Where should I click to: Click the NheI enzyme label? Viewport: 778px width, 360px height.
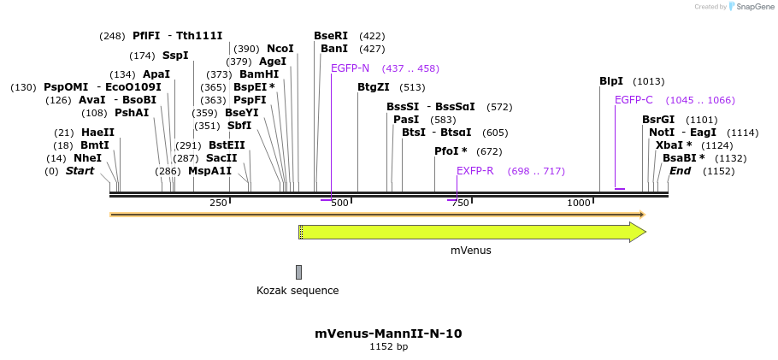(x=87, y=158)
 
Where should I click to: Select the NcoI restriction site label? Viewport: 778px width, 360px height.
(x=280, y=49)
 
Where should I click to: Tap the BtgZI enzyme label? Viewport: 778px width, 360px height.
(x=374, y=87)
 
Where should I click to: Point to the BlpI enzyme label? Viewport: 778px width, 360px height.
(x=611, y=81)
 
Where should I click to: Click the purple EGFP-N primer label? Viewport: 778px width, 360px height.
(x=350, y=68)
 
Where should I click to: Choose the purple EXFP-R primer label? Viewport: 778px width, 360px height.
(x=475, y=171)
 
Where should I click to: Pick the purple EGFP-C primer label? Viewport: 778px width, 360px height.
(x=634, y=100)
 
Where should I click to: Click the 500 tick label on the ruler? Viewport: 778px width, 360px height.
(x=340, y=203)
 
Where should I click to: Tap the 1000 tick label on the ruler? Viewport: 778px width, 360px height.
(x=580, y=203)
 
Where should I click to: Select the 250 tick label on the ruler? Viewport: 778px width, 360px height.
(x=218, y=203)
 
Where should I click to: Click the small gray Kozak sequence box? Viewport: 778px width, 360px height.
(x=298, y=272)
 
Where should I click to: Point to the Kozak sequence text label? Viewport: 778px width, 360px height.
(x=298, y=291)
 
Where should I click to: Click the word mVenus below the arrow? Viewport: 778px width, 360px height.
(x=471, y=251)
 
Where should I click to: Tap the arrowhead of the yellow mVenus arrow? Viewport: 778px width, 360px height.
(x=638, y=232)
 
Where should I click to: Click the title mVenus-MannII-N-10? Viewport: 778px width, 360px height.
(x=388, y=333)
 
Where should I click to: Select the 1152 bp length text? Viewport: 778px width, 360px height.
(x=388, y=347)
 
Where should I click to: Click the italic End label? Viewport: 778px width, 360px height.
(x=680, y=171)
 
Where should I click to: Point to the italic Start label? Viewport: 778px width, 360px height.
(x=80, y=171)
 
